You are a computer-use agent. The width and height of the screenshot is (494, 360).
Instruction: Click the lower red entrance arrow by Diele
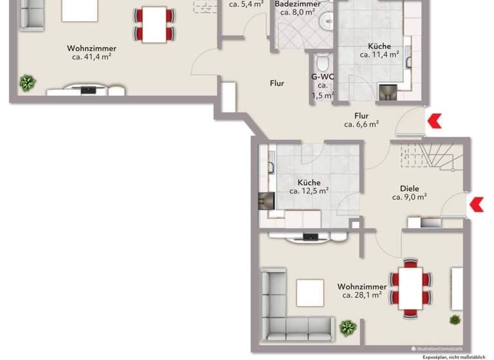coord(477,204)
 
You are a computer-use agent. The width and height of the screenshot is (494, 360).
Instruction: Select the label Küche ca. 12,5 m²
coord(309,186)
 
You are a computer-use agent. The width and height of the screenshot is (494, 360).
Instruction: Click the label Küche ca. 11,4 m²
coord(380,51)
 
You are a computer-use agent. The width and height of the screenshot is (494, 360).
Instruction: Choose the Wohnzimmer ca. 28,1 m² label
coord(362,291)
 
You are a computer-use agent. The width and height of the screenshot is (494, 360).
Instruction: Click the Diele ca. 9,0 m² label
coord(410,193)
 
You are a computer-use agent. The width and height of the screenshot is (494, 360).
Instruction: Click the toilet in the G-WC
coord(323,63)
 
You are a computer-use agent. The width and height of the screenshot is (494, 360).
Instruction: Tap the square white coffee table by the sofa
coord(310,293)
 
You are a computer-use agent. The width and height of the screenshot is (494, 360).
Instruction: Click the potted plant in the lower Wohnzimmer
coord(348,328)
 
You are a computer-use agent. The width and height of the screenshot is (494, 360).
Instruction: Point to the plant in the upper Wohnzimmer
coord(28,82)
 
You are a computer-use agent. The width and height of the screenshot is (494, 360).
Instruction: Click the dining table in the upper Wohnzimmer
coord(154,24)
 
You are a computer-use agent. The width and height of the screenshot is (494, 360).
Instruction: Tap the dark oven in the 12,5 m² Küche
coord(265,201)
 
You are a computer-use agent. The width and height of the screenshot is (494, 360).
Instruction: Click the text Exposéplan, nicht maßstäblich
coord(457,356)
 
